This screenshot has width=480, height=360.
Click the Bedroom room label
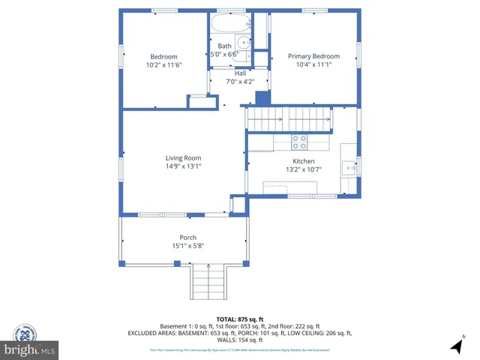click(163, 57)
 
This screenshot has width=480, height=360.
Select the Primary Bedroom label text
click(313, 56)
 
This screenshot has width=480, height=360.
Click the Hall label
click(240, 73)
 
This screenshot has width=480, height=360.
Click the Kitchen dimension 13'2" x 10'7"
click(303, 170)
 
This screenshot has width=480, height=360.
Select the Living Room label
click(183, 157)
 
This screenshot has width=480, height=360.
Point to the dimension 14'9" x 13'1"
click(183, 166)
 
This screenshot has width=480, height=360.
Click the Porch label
click(187, 237)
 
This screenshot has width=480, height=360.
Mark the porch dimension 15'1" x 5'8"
click(187, 245)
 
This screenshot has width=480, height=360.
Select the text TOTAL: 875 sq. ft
click(239, 319)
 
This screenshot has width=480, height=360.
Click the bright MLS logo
click(30, 350)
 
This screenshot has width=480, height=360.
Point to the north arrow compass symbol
click(457, 345)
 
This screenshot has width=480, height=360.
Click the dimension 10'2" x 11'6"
click(163, 65)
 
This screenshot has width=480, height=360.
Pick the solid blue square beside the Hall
click(262, 97)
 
